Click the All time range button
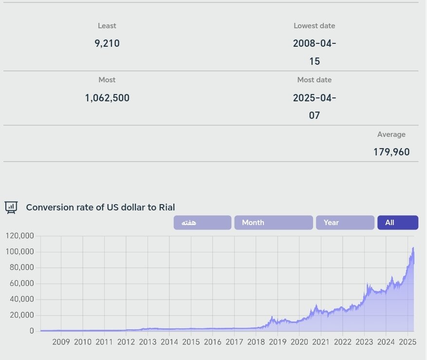pyautogui.click(x=397, y=223)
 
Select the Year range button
pyautogui.click(x=345, y=223)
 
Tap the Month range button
pyautogui.click(x=273, y=223)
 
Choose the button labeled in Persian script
pyautogui.click(x=202, y=223)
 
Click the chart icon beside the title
pyautogui.click(x=11, y=207)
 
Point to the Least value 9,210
pyautogui.click(x=107, y=43)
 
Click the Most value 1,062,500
pyautogui.click(x=107, y=97)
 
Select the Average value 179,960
pyautogui.click(x=391, y=152)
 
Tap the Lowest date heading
pyautogui.click(x=315, y=26)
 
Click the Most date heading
pyautogui.click(x=315, y=80)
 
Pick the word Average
pyautogui.click(x=391, y=134)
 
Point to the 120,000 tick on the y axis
pyautogui.click(x=19, y=236)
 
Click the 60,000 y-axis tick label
pyautogui.click(x=21, y=284)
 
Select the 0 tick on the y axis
pyautogui.click(x=32, y=331)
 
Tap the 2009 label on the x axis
pyautogui.click(x=61, y=342)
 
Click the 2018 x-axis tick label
pyautogui.click(x=256, y=342)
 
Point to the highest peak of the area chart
pyautogui.click(x=413, y=248)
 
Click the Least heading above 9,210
pyautogui.click(x=107, y=26)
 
